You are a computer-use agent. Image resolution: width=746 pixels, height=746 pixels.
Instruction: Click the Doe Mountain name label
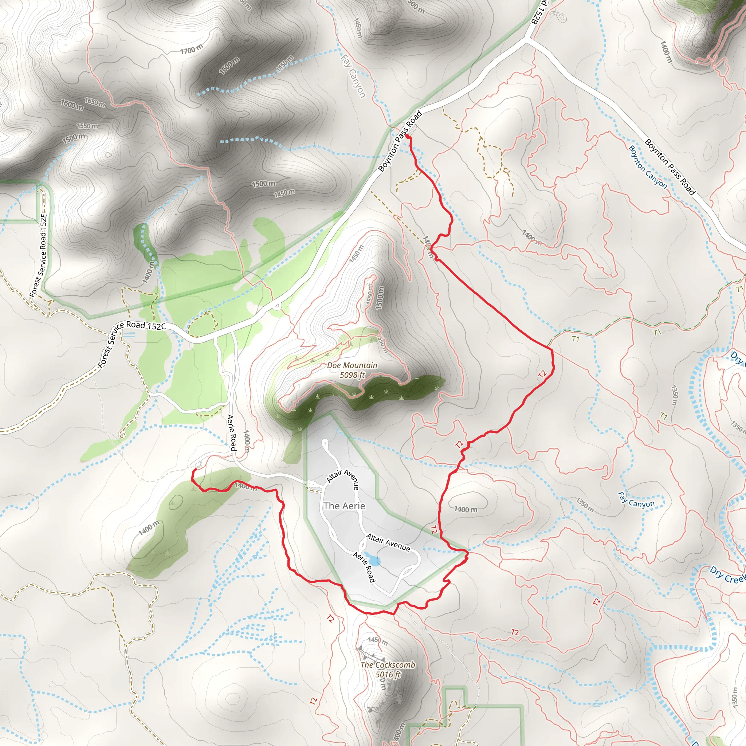(x=352, y=365)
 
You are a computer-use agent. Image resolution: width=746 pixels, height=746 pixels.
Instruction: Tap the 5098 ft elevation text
(x=352, y=374)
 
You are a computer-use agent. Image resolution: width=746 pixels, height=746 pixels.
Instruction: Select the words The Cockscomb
(x=388, y=665)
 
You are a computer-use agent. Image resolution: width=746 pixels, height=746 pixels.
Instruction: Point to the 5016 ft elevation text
(x=388, y=675)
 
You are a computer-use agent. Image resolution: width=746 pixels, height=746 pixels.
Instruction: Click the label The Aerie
(x=344, y=506)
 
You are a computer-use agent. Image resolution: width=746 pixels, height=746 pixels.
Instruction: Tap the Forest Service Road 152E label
(x=39, y=256)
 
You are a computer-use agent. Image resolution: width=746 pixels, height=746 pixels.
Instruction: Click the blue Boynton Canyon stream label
(x=648, y=167)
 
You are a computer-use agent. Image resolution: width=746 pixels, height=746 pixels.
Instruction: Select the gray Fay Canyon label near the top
(x=353, y=76)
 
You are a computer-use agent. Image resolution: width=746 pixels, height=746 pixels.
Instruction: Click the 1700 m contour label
(x=192, y=49)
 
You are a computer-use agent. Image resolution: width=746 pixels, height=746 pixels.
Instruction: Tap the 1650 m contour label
(x=95, y=103)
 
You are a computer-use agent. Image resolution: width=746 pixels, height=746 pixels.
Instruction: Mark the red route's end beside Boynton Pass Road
(x=407, y=136)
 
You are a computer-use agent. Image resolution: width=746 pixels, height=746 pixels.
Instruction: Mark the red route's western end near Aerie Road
(x=194, y=469)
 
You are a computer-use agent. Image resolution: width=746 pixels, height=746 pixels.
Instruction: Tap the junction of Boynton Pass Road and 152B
(x=528, y=39)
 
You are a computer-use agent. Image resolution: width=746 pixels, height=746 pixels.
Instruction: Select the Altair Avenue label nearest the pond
(x=388, y=542)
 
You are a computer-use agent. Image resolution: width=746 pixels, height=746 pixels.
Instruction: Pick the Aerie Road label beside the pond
(x=364, y=567)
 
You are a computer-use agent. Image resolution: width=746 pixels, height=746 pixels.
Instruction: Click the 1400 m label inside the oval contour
(x=465, y=509)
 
